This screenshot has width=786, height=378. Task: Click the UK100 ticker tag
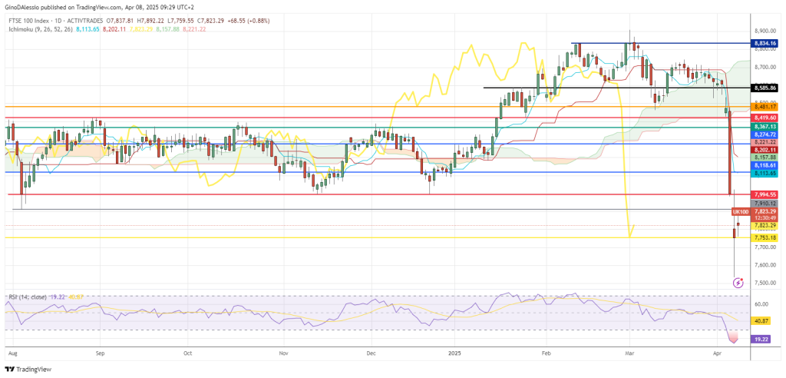pyautogui.click(x=741, y=211)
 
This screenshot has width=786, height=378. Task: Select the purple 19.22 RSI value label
pyautogui.click(x=761, y=338)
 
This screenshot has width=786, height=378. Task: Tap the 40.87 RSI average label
pyautogui.click(x=761, y=320)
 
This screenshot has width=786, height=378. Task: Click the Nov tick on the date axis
pyautogui.click(x=283, y=356)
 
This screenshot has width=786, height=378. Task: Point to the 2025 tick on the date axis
pyautogui.click(x=454, y=356)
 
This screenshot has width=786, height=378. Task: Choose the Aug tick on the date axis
pyautogui.click(x=12, y=356)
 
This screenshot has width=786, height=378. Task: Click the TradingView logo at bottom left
pyautogui.click(x=31, y=369)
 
